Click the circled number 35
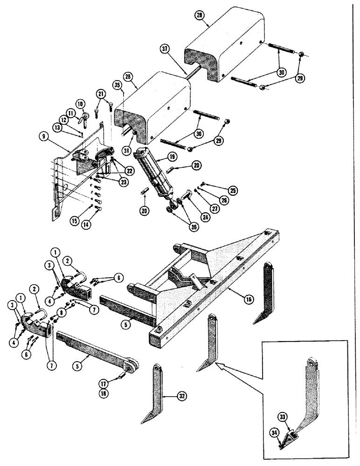pyautogui.click(x=117, y=85)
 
